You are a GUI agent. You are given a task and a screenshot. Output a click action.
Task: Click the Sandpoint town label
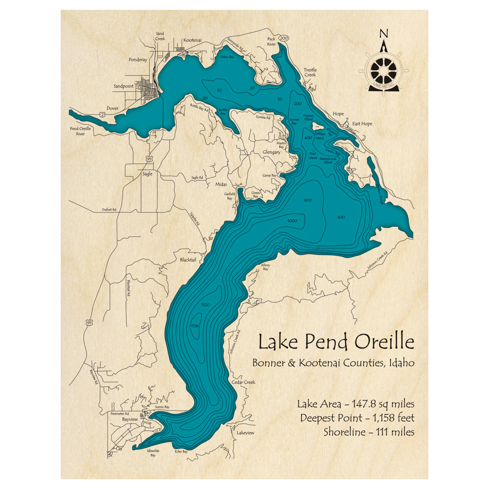click(123, 86)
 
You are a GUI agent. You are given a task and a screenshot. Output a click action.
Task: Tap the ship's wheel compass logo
click(384, 71)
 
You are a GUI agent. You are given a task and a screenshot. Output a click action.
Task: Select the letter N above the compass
click(384, 34)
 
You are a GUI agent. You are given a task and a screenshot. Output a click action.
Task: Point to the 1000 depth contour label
click(292, 222)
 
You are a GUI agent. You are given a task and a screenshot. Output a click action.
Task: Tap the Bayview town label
click(130, 420)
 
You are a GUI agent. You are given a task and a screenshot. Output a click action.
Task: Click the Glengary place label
click(271, 152)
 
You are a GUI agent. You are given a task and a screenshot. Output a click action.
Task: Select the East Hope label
click(362, 124)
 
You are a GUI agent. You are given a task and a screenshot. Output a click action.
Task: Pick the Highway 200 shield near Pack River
click(285, 38)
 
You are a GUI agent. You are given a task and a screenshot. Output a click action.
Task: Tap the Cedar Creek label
click(244, 382)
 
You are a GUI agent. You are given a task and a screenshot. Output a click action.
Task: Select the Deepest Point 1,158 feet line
click(357, 418)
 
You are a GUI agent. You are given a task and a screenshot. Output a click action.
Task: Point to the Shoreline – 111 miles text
click(369, 432)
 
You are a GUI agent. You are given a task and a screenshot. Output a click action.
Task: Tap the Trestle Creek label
click(310, 72)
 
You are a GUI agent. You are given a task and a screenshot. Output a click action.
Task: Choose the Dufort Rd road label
click(109, 210)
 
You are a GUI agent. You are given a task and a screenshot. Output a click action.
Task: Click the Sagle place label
click(147, 173)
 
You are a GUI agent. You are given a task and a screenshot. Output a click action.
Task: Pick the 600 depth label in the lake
click(341, 218)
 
